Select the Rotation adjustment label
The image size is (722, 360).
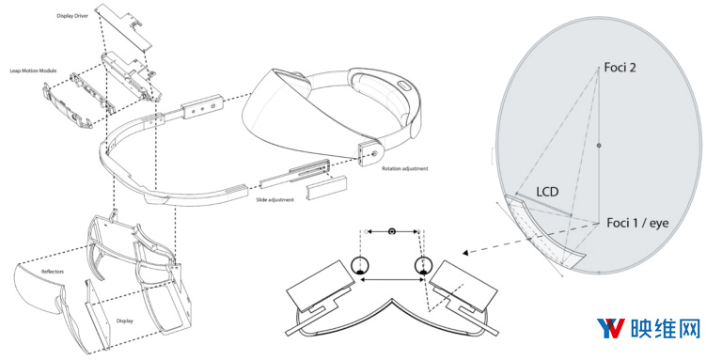point(406,169)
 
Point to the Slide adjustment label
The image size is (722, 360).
point(275,199)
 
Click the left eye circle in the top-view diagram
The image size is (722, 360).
point(359,265)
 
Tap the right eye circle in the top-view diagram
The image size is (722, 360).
point(421,265)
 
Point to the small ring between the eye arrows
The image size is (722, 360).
point(390,230)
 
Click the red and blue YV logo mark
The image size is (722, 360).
point(611,329)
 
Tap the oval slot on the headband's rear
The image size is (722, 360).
point(405,86)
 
